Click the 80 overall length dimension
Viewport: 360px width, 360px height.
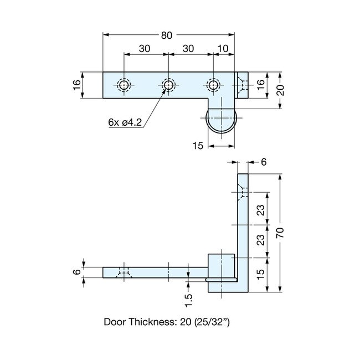click(166, 35)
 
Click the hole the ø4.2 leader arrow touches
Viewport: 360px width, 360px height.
click(168, 85)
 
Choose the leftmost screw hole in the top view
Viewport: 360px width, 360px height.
click(123, 85)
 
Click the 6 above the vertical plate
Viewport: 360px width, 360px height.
click(263, 162)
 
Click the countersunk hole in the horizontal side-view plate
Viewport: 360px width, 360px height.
click(124, 272)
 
